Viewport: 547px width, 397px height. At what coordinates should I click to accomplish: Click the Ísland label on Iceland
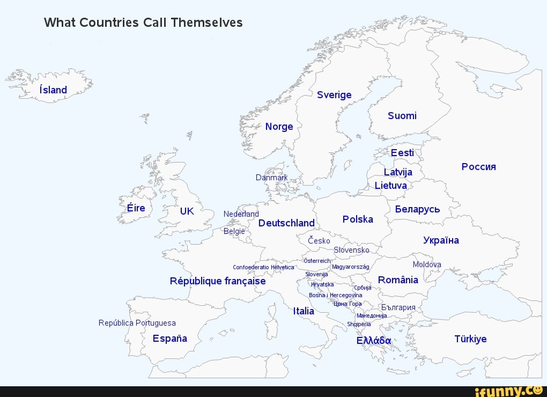tap(53, 90)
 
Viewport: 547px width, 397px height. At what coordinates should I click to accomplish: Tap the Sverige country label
tap(334, 95)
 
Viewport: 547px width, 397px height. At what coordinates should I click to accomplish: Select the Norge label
tap(279, 127)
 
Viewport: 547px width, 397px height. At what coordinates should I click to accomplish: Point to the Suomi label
tap(402, 116)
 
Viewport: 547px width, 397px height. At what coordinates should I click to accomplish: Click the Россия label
tap(478, 166)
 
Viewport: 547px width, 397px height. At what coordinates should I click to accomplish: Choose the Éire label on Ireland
tap(136, 208)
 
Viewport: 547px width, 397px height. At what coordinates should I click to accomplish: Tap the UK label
tap(187, 211)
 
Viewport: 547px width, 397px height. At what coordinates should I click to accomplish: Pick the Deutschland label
tap(286, 223)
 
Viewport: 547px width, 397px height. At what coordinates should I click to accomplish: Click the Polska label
tap(358, 219)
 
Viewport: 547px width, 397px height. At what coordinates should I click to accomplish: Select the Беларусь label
tap(417, 209)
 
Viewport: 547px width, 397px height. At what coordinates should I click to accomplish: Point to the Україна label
tap(441, 240)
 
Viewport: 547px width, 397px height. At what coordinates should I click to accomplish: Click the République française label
tap(218, 281)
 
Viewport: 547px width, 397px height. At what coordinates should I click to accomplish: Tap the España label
tap(170, 339)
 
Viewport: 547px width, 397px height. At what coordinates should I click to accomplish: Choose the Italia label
tap(304, 311)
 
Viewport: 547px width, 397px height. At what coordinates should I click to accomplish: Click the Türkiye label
tap(470, 339)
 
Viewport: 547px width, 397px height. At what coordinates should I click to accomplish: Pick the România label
tap(398, 280)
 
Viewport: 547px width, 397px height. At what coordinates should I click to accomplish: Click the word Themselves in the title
tap(207, 23)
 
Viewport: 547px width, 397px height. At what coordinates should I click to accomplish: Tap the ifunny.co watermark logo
tap(512, 391)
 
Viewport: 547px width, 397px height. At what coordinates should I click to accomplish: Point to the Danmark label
tap(271, 178)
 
